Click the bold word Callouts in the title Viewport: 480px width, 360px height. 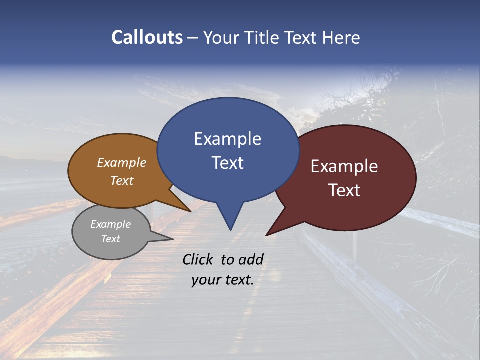[147, 37]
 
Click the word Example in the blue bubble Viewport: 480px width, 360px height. [227, 139]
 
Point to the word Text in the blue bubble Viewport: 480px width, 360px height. [227, 163]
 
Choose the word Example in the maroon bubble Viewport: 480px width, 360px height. [344, 166]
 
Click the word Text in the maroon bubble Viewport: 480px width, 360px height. [344, 190]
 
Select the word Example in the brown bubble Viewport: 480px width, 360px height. [122, 162]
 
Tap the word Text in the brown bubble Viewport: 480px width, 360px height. [122, 180]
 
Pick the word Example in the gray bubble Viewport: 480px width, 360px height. [110, 224]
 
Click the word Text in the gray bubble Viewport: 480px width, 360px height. [110, 239]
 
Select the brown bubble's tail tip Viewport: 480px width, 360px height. [190, 211]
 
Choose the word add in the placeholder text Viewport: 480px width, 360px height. [251, 260]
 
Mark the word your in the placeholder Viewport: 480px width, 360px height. [206, 280]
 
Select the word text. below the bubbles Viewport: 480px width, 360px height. [239, 280]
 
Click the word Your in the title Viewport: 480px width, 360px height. [219, 37]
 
